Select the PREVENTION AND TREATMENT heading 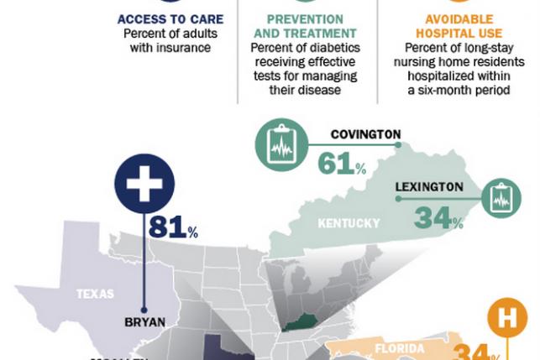point(307,27)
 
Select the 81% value point(173,227)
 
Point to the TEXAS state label point(95,294)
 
